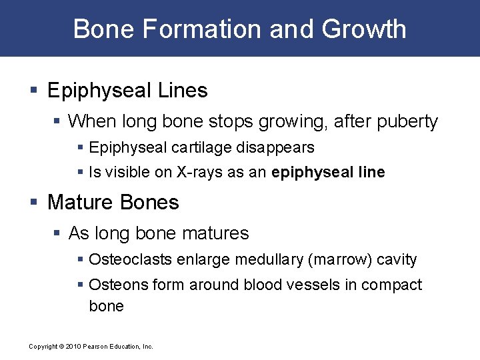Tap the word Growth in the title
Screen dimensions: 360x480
click(x=364, y=29)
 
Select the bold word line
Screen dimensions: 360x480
click(x=371, y=173)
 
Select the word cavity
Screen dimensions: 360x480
click(x=397, y=259)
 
